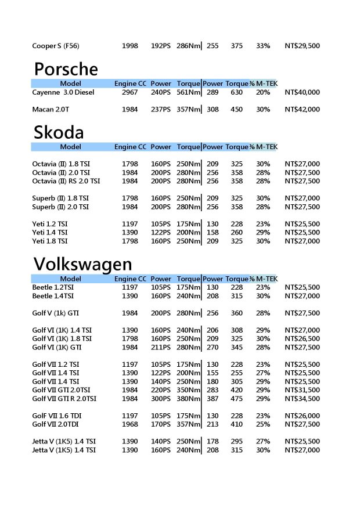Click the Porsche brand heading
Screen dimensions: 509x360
click(x=66, y=70)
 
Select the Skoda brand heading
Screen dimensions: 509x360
click(x=59, y=132)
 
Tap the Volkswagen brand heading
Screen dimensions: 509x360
click(x=82, y=264)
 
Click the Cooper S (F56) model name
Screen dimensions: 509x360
click(x=56, y=46)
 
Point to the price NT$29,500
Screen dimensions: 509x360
click(x=302, y=46)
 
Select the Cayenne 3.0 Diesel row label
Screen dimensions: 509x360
click(x=63, y=92)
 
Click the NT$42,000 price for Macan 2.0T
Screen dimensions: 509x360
click(x=302, y=109)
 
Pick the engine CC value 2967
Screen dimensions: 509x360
click(x=130, y=92)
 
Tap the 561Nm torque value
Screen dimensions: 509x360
click(x=188, y=92)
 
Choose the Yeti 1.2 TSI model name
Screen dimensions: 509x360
click(x=50, y=224)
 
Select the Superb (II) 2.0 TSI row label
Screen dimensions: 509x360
click(x=60, y=207)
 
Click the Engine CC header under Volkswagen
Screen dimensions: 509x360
click(x=130, y=279)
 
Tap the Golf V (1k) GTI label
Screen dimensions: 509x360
click(x=56, y=313)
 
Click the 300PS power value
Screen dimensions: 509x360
click(x=161, y=399)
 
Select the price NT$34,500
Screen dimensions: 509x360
click(x=302, y=399)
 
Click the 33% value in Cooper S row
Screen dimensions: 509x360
click(x=263, y=46)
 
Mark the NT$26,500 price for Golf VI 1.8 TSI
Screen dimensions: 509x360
click(x=302, y=338)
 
